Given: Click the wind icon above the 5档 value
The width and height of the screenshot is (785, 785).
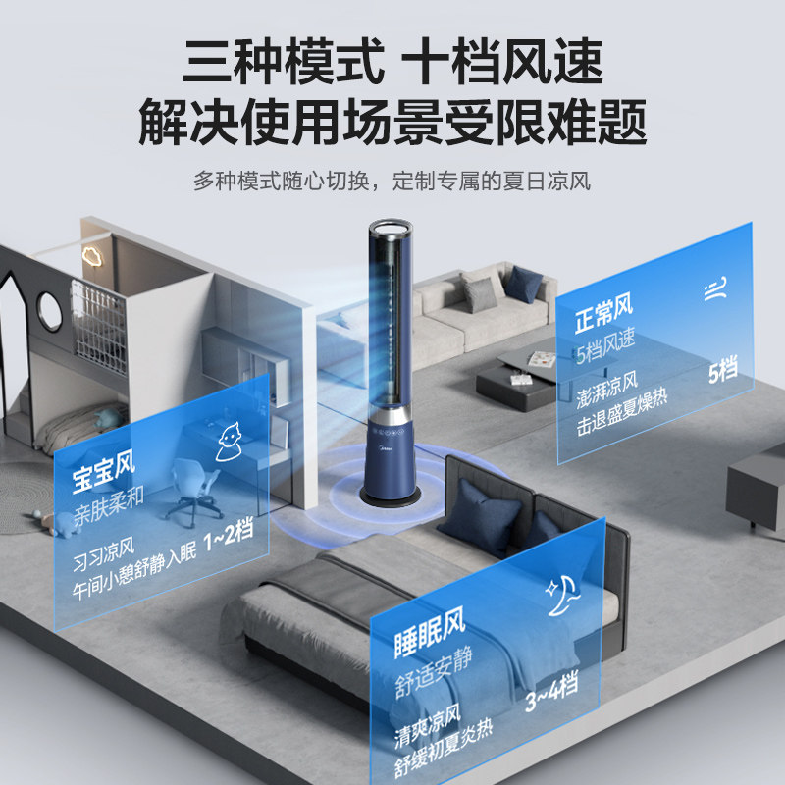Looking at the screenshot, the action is pos(714,289).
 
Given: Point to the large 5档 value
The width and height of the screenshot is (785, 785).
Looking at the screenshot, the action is pos(721,372).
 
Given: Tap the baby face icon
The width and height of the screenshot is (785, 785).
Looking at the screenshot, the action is pos(230,441).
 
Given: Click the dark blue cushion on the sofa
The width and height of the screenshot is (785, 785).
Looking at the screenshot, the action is pos(524,285).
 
